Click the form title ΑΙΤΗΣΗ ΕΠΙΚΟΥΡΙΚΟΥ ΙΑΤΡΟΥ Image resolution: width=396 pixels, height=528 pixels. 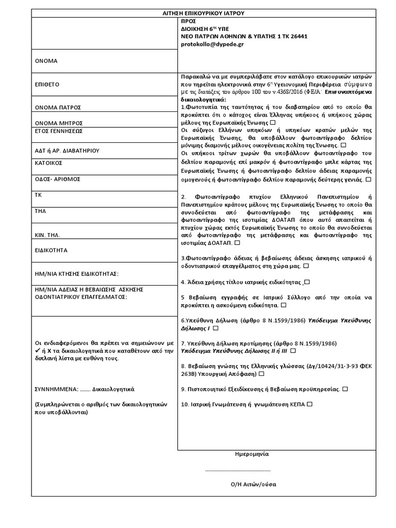(x=206, y=13)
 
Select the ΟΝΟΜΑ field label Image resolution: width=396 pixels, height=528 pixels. (x=46, y=61)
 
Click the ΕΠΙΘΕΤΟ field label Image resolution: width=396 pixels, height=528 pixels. (x=48, y=84)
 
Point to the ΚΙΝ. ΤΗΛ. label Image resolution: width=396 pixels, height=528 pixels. (x=48, y=235)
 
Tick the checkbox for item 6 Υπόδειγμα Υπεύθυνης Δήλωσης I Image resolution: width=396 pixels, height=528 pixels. (x=215, y=327)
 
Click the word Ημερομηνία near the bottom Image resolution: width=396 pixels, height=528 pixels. (x=252, y=454)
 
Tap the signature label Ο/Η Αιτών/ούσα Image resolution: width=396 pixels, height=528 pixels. (x=254, y=485)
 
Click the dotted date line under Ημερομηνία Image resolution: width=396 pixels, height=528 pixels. (x=238, y=470)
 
